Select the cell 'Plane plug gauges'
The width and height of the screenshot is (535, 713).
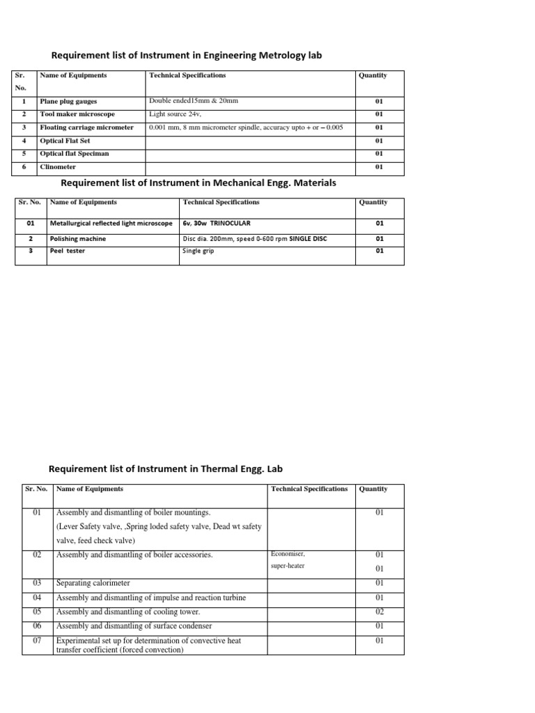(68, 102)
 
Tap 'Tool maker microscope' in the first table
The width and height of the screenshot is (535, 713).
(77, 114)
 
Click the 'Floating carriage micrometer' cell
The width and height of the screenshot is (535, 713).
(86, 127)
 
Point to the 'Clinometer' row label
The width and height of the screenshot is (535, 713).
(58, 167)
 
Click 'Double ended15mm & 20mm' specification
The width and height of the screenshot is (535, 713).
(194, 102)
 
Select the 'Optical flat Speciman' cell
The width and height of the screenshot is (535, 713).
(75, 154)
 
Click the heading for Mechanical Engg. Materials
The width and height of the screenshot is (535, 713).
(199, 183)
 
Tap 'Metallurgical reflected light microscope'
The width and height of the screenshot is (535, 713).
(111, 224)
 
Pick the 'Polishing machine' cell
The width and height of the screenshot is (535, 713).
(77, 239)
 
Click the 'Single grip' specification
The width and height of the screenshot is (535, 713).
(198, 251)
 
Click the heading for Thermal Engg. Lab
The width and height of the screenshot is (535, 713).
(165, 469)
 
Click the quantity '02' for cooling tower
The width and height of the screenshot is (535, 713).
(380, 611)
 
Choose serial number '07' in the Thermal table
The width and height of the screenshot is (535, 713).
(38, 641)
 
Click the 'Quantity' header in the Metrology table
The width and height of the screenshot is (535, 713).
(373, 75)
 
